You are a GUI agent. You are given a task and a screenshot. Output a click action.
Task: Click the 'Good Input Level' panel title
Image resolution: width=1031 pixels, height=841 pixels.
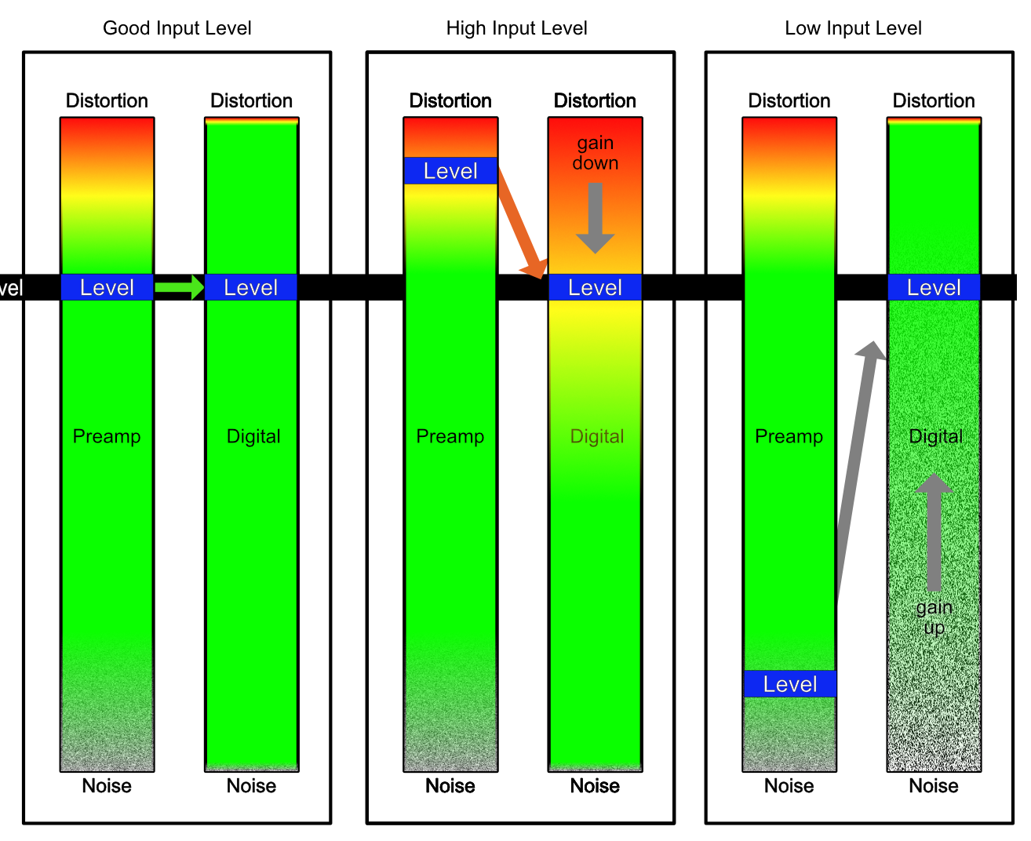click(x=177, y=28)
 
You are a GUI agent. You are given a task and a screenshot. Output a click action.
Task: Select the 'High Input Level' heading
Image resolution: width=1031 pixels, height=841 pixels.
click(x=516, y=28)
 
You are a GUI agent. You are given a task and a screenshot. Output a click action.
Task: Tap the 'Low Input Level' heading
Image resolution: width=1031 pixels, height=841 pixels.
click(x=853, y=28)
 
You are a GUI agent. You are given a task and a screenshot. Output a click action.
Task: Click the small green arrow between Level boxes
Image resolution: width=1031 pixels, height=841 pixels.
click(x=179, y=287)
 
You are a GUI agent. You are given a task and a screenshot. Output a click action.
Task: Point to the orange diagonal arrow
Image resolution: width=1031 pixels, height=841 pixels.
click(x=521, y=224)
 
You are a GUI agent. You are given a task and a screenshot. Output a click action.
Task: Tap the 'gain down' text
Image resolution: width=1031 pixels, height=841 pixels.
click(x=595, y=153)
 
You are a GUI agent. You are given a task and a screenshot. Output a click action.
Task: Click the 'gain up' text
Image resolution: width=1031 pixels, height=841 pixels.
click(x=934, y=617)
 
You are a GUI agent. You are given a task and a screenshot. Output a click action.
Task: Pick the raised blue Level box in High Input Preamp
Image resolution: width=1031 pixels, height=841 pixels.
click(x=450, y=171)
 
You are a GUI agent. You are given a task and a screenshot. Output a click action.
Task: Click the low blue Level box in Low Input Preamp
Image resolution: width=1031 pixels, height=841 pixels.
click(x=789, y=684)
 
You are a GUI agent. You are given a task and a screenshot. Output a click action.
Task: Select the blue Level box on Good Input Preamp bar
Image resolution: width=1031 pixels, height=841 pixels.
click(x=107, y=288)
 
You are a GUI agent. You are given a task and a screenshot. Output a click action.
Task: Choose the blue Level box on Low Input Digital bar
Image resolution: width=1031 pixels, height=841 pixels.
click(x=934, y=288)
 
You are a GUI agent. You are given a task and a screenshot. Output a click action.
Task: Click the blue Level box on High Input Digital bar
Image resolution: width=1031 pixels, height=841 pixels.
click(x=595, y=288)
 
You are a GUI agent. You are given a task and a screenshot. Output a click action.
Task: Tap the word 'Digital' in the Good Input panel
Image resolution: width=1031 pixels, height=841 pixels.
click(x=253, y=436)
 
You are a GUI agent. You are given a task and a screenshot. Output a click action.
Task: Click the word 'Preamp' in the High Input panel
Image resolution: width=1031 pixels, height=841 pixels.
click(x=450, y=436)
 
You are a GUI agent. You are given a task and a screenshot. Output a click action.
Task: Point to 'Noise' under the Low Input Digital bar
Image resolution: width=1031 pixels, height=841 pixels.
click(x=934, y=786)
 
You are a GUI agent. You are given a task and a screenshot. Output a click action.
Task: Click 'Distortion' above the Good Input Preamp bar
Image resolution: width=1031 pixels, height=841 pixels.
click(x=107, y=101)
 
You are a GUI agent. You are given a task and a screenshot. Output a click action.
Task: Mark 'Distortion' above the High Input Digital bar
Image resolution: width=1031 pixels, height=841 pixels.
click(x=595, y=101)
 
